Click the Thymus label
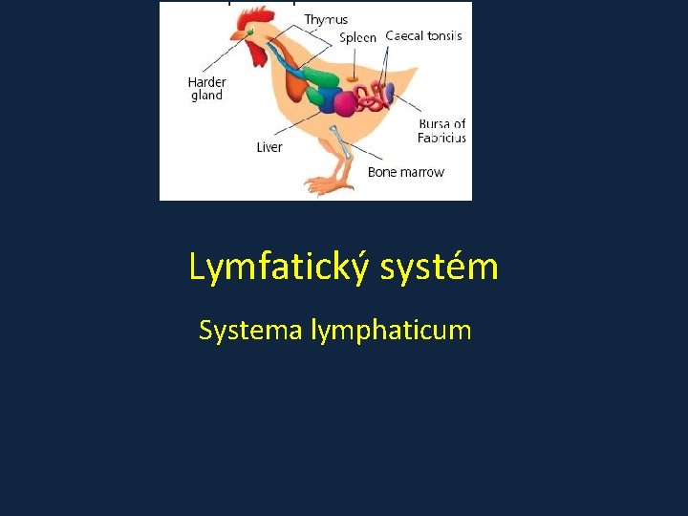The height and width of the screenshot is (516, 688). click(x=326, y=19)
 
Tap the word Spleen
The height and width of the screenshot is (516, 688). click(x=358, y=38)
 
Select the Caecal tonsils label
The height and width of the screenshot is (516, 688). click(x=423, y=35)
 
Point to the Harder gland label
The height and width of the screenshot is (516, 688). click(x=206, y=89)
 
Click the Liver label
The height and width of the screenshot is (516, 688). click(x=269, y=147)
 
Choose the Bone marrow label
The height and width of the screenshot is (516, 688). click(x=406, y=172)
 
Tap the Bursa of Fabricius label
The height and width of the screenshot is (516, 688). click(x=441, y=131)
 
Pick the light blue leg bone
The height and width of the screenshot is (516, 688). click(x=341, y=140)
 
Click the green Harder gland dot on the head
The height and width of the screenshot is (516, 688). click(x=250, y=32)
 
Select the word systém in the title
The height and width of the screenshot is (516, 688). click(x=440, y=268)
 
